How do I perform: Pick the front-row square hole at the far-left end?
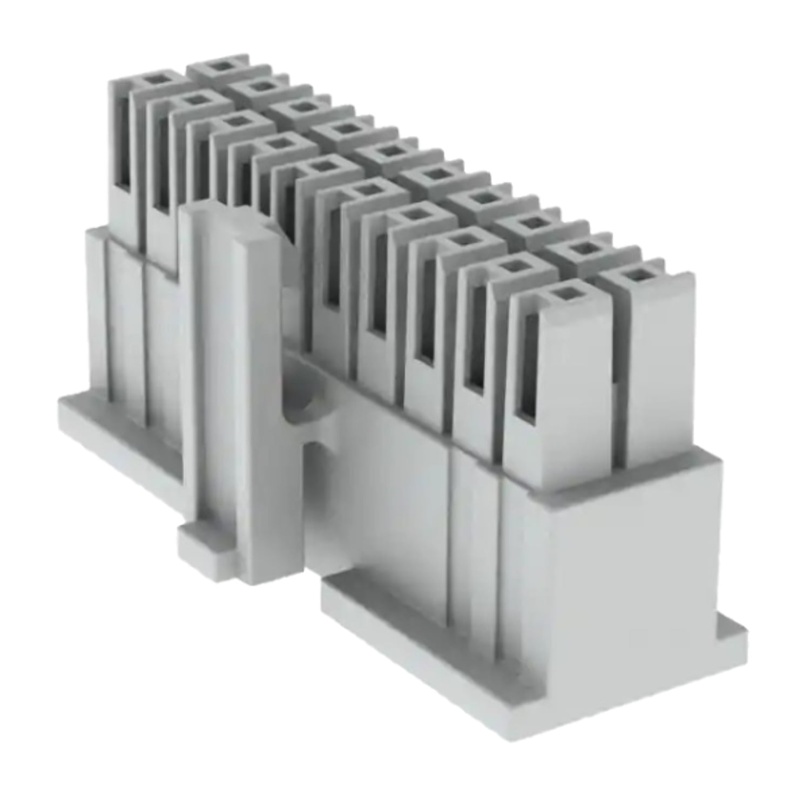pos(158,80)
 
